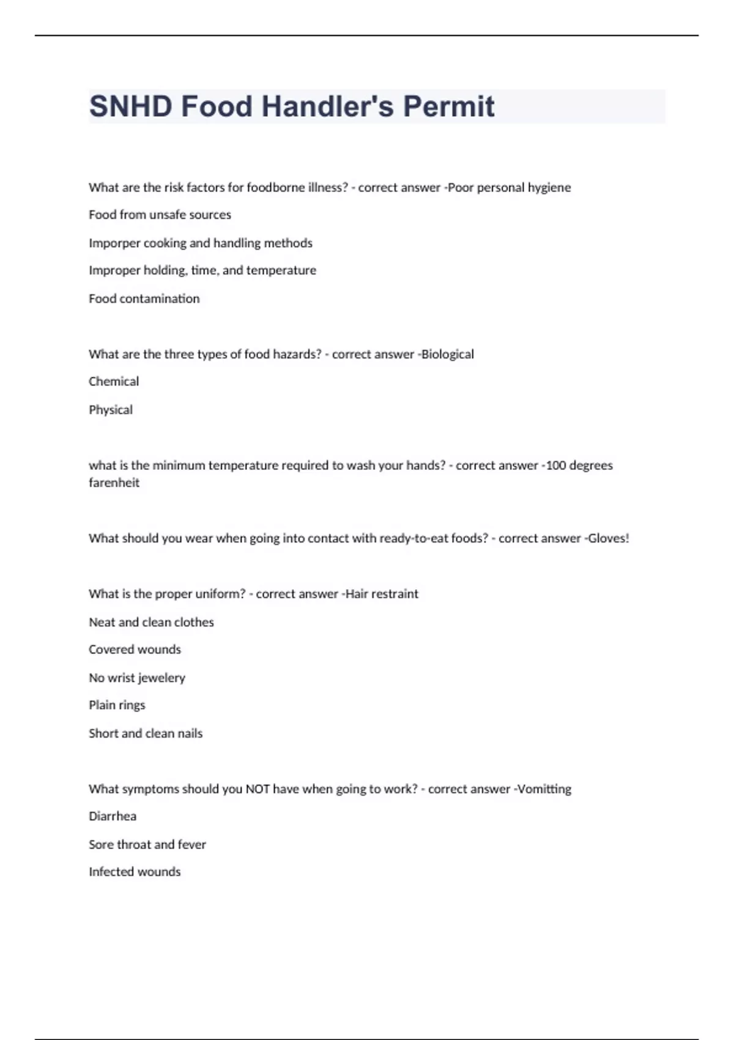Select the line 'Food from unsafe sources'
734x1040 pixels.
[160, 215]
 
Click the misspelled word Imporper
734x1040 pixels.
[114, 243]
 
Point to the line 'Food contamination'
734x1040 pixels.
[144, 299]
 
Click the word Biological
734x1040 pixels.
[448, 354]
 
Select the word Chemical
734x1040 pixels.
[114, 382]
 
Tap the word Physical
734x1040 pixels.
[111, 410]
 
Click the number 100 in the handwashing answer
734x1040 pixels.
[556, 466]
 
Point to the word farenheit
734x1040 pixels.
[114, 483]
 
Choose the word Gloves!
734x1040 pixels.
[608, 538]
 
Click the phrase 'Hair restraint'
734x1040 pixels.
[382, 594]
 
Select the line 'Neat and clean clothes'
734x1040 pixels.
[151, 622]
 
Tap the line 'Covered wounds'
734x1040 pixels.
[135, 650]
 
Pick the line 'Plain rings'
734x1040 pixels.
[117, 705]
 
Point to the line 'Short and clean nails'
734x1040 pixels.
[146, 734]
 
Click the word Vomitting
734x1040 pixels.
[544, 789]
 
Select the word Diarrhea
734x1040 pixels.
[113, 817]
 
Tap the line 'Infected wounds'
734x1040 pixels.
[135, 872]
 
